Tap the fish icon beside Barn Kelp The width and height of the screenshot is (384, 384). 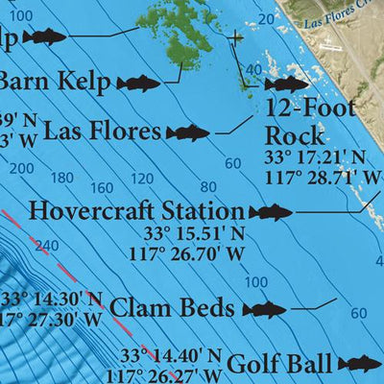tap(138, 83)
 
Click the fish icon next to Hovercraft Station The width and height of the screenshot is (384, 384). tap(271, 212)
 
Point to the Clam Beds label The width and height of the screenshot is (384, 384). tap(172, 308)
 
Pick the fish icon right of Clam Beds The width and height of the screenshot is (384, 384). tap(264, 309)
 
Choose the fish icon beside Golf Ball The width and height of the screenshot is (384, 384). tap(359, 364)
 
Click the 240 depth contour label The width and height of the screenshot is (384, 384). tap(44, 246)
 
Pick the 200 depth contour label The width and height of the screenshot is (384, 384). tap(20, 168)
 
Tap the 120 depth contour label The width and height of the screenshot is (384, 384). tap(141, 179)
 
